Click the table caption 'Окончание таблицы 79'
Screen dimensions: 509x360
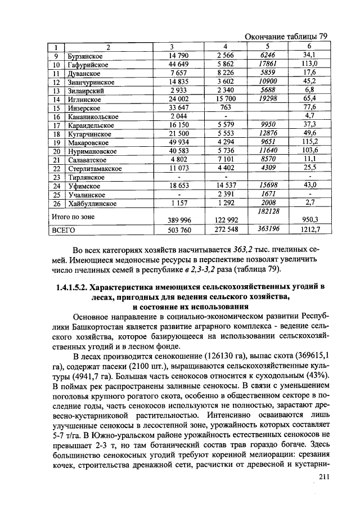click(286, 37)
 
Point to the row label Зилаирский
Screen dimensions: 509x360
click(84, 91)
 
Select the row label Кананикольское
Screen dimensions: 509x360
click(91, 116)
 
